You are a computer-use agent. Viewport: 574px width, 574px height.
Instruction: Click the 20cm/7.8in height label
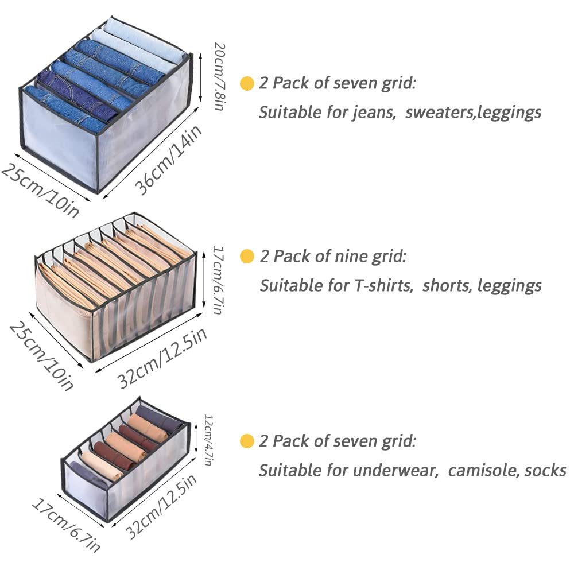coord(219,76)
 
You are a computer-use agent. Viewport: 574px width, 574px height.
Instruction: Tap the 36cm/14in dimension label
coord(168,160)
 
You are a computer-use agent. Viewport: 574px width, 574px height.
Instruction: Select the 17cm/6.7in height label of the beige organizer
coord(218,280)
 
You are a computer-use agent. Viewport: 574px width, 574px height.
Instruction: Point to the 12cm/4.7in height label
coord(208,440)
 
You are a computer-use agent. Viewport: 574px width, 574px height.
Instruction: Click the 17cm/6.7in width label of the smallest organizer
coord(66,525)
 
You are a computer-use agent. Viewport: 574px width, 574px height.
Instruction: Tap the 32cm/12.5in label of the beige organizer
coord(162,358)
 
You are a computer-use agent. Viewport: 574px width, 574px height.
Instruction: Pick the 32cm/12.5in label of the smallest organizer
coord(161,506)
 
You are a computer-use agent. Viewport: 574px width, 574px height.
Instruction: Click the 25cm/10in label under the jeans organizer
coord(40,191)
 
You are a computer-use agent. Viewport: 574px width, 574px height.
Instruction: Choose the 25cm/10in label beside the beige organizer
coord(41,356)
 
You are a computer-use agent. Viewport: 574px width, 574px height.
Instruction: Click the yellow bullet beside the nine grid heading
coord(247,256)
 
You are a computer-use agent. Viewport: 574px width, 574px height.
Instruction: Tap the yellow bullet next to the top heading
coord(247,83)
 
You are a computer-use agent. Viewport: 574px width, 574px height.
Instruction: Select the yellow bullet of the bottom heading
coord(247,441)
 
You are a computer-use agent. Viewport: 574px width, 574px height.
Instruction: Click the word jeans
coord(374,113)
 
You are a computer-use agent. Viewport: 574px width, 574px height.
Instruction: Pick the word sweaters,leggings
coord(473,113)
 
